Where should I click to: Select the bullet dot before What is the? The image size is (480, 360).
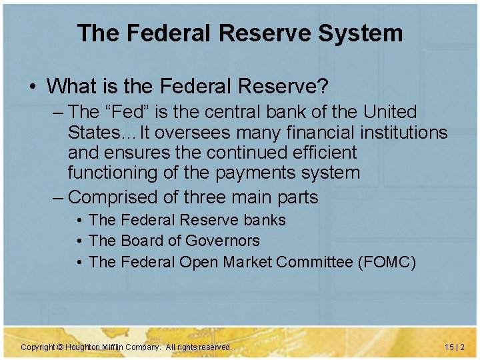pyautogui.click(x=32, y=87)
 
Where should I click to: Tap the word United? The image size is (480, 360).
pyautogui.click(x=385, y=112)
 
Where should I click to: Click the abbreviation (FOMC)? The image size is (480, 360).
pyautogui.click(x=387, y=262)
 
